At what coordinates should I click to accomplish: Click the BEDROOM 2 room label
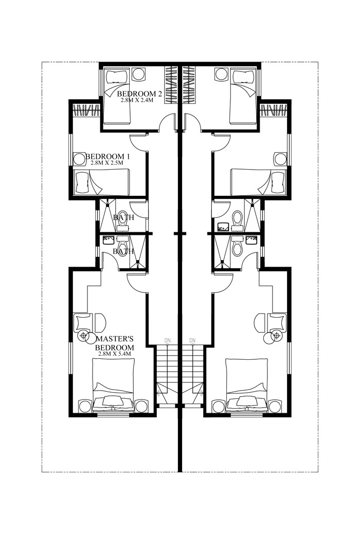(140, 94)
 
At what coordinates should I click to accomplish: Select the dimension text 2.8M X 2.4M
(140, 101)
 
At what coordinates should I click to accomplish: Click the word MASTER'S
(115, 339)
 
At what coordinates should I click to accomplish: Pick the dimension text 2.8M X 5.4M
(115, 354)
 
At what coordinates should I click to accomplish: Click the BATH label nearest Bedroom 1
(123, 217)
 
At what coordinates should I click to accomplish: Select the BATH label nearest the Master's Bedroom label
(123, 251)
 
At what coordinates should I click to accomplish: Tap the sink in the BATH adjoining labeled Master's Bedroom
(109, 240)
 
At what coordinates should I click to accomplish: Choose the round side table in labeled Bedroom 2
(138, 74)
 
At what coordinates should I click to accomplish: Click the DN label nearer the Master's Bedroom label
(168, 340)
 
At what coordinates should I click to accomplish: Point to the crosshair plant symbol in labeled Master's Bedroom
(83, 337)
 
